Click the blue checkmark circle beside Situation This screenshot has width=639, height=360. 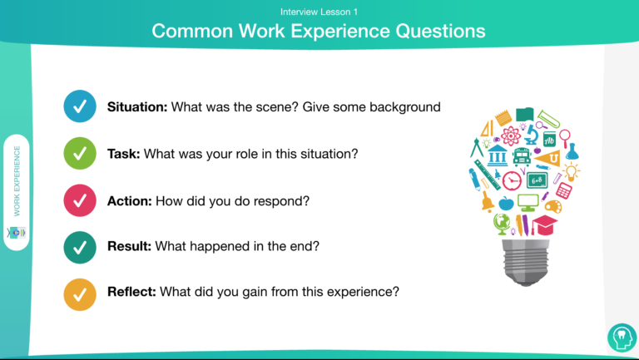pyautogui.click(x=80, y=106)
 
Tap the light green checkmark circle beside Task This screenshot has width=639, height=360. pyautogui.click(x=80, y=154)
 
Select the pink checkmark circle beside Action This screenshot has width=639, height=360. pyautogui.click(x=80, y=200)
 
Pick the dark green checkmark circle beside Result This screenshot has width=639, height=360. pyautogui.click(x=80, y=247)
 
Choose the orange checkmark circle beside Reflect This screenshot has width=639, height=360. pyautogui.click(x=80, y=294)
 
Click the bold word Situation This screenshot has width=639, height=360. pyautogui.click(x=137, y=106)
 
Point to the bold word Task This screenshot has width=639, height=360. pyautogui.click(x=123, y=154)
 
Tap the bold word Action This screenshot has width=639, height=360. pyautogui.click(x=130, y=200)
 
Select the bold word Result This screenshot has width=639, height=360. pyautogui.click(x=129, y=246)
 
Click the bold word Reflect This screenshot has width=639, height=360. pyautogui.click(x=131, y=292)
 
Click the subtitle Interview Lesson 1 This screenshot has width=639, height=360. pyautogui.click(x=319, y=12)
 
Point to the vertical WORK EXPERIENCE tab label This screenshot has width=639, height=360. pyautogui.click(x=17, y=180)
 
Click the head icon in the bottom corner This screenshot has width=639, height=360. pyautogui.click(x=622, y=338)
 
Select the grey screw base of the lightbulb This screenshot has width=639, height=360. pyautogui.click(x=526, y=263)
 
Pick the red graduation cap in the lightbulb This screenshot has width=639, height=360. pyautogui.click(x=544, y=225)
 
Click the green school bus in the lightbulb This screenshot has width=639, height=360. pyautogui.click(x=522, y=157)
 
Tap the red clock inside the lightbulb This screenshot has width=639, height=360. pyautogui.click(x=512, y=180)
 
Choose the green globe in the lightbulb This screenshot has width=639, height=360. pyautogui.click(x=502, y=224)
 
